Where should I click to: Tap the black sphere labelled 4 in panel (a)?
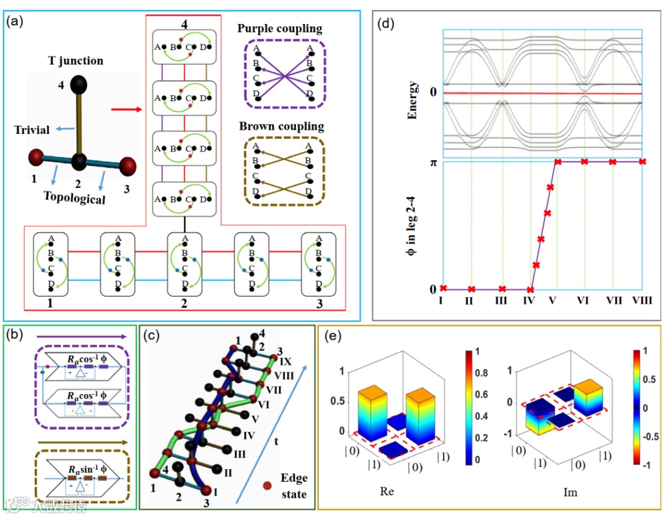[78, 86]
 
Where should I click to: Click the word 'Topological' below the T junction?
[74, 199]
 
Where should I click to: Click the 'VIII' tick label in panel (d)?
[641, 301]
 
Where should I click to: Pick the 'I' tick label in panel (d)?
[442, 301]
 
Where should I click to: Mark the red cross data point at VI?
[584, 162]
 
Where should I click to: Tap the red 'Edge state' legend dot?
[267, 485]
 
